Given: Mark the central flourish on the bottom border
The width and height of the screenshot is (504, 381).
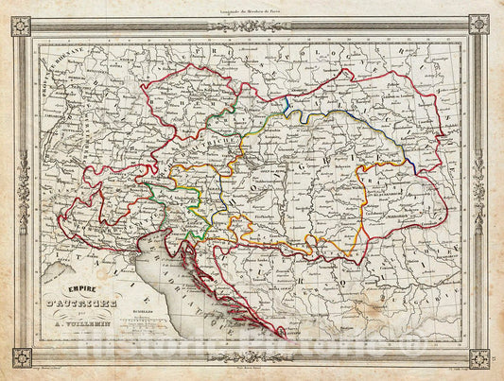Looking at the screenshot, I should tap(252, 359).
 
